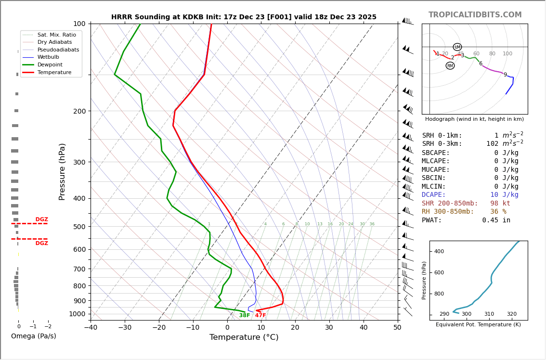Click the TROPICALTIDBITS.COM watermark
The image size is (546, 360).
[475, 15]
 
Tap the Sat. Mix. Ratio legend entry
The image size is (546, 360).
[56, 35]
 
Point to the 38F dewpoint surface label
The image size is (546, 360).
[245, 316]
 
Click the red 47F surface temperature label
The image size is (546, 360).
[260, 316]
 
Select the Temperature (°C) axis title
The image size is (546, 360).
[244, 338]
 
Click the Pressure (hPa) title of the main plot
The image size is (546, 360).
[63, 171]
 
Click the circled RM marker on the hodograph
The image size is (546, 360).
[450, 66]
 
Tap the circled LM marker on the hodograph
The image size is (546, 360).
[457, 47]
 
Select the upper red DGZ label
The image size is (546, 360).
[41, 219]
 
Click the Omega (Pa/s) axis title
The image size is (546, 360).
[33, 336]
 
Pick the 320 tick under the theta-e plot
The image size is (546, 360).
[511, 314]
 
